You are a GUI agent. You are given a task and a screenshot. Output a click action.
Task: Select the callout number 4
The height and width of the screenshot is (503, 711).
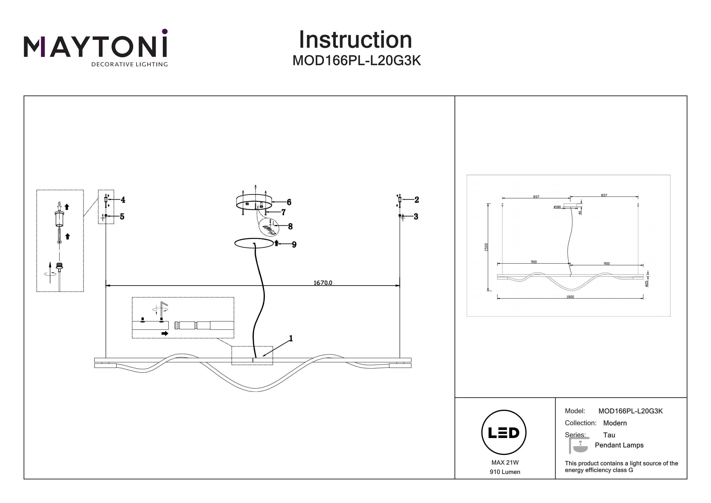pos(123,200)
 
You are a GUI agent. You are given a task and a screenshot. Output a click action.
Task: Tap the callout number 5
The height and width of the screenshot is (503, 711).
pos(122,217)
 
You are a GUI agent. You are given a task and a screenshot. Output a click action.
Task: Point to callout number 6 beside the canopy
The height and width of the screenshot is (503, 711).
pos(289,202)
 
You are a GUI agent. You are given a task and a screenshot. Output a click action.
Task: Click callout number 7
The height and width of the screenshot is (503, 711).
pos(283,212)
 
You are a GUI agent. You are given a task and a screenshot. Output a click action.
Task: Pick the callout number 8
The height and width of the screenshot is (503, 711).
pos(290,226)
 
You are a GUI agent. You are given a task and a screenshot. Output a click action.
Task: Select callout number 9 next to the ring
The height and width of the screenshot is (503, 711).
pos(294,245)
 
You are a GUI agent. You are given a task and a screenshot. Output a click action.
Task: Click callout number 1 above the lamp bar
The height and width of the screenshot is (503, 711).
pos(291,338)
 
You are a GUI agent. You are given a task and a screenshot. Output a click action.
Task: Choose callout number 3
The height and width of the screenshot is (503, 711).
pos(416,217)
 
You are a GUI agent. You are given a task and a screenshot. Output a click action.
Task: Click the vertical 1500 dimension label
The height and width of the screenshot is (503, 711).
pos(486,247)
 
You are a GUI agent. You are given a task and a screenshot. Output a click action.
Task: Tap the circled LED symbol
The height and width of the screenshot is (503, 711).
pos(504,433)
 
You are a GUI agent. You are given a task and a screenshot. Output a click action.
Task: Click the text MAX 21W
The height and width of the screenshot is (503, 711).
pos(505,463)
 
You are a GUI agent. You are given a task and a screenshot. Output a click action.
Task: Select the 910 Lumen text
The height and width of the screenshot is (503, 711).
pos(505,472)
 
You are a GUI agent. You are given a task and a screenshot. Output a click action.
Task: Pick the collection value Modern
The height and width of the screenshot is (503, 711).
pos(615,423)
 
